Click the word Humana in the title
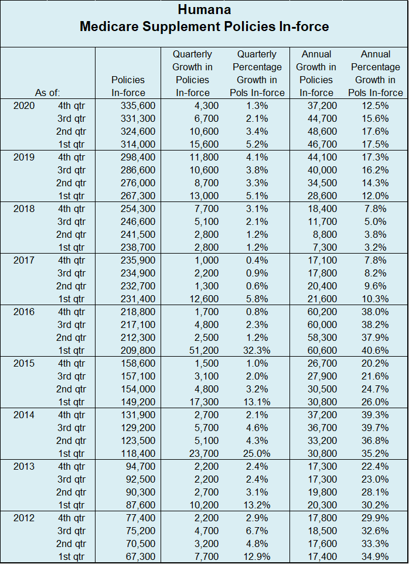[204, 10]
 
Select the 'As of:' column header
[47, 93]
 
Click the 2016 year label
[24, 312]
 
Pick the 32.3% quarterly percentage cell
[254, 350]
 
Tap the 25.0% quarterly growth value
[254, 453]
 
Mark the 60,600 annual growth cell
[321, 350]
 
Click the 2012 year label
[24, 518]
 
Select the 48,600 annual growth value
[321, 131]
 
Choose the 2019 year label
[24, 157]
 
